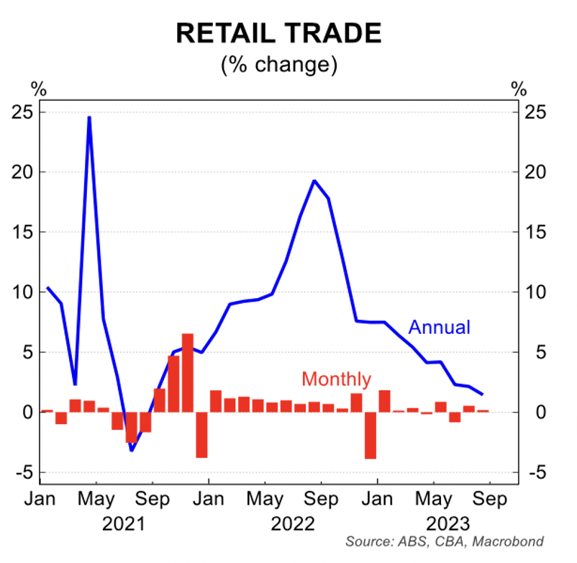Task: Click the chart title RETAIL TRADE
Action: click(x=279, y=34)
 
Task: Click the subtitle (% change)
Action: click(x=279, y=65)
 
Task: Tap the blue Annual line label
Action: click(x=439, y=328)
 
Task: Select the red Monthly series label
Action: click(x=336, y=379)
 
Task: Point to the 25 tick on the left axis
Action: click(x=22, y=112)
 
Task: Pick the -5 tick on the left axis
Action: click(x=22, y=473)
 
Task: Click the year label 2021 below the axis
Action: click(x=124, y=523)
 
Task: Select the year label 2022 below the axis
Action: click(x=294, y=523)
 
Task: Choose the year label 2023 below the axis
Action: click(x=449, y=523)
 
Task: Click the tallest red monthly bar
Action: click(x=188, y=373)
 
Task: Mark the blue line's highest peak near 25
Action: click(x=89, y=117)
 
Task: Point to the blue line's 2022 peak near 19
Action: click(x=314, y=181)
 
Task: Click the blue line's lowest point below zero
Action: click(x=132, y=451)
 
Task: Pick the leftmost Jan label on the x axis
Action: click(x=40, y=499)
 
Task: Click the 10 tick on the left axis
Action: click(x=22, y=292)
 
